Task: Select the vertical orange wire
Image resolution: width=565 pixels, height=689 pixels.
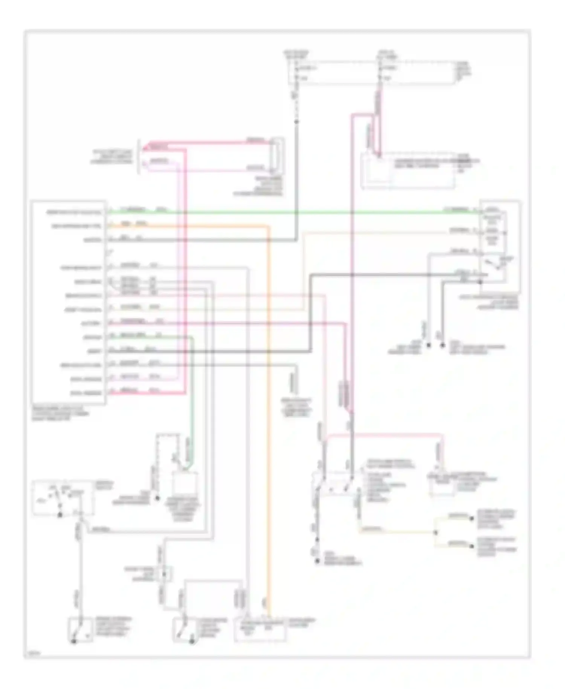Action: click(x=269, y=415)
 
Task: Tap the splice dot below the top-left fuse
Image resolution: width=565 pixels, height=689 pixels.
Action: click(x=296, y=122)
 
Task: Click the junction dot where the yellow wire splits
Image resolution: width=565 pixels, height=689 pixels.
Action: click(x=436, y=532)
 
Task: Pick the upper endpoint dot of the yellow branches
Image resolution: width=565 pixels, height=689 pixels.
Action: click(x=471, y=519)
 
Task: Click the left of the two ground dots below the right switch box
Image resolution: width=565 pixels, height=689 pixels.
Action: click(x=428, y=345)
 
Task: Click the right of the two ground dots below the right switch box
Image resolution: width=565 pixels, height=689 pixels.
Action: click(x=443, y=345)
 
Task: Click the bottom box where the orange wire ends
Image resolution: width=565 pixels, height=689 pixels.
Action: click(x=260, y=629)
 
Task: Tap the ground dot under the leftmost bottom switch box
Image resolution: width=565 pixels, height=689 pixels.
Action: click(x=74, y=641)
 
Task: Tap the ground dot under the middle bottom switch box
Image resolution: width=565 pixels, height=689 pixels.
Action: click(x=192, y=641)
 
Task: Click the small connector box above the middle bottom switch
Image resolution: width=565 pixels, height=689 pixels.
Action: click(x=165, y=574)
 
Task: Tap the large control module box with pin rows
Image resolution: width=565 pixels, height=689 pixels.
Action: click(x=69, y=302)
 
